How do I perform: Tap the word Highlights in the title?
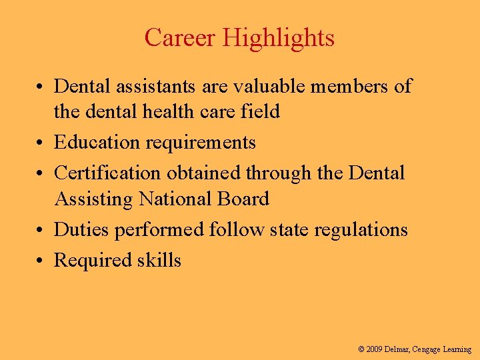click(278, 37)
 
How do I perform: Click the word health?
click(169, 111)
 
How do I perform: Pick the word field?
click(262, 111)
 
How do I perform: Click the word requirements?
click(202, 143)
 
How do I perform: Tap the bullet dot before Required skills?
click(41, 261)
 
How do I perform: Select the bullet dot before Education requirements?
click(41, 143)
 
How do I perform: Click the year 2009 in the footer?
click(375, 349)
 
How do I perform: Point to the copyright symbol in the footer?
click(361, 349)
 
